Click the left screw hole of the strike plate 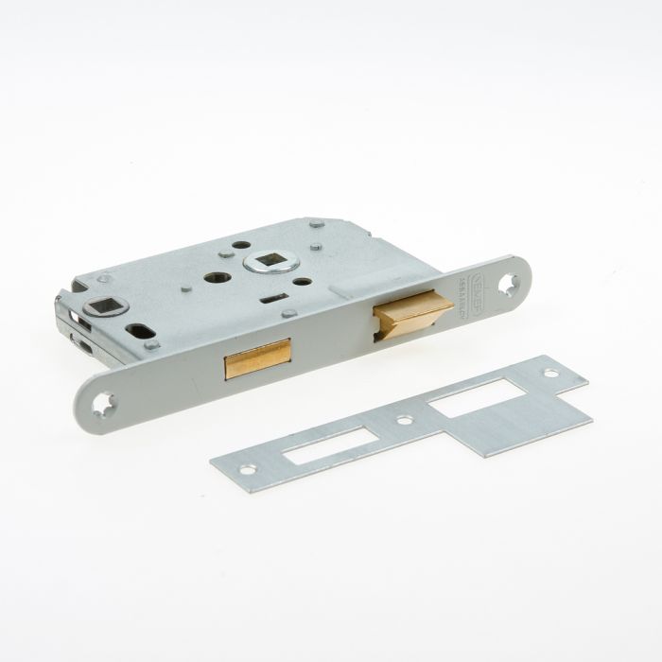pyautogui.click(x=248, y=469)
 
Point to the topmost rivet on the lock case pyautogui.click(x=316, y=224)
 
